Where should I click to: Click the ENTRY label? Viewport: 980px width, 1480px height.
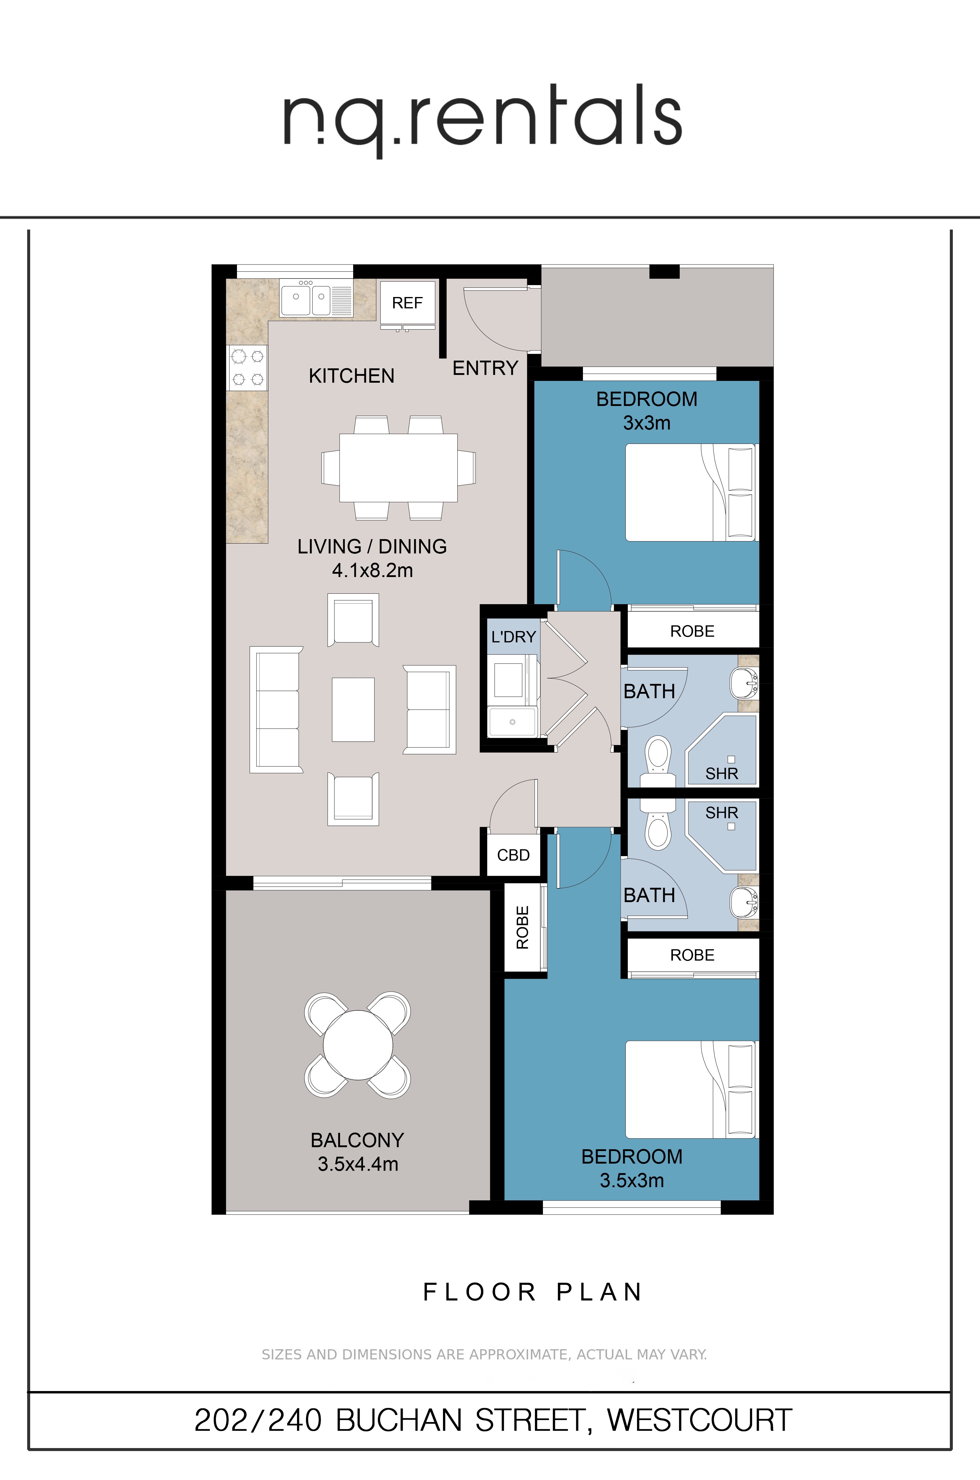(485, 368)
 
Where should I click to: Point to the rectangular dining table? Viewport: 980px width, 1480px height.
(398, 467)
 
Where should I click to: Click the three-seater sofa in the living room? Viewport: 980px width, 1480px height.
(276, 709)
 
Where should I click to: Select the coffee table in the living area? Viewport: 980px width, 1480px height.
(353, 709)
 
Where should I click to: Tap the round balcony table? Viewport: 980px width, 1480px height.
(358, 1045)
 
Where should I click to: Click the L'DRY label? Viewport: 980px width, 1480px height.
(513, 637)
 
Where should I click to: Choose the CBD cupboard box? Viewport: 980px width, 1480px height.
(513, 855)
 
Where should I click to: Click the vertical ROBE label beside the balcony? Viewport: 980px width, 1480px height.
(522, 927)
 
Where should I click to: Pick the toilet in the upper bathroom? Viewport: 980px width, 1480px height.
(658, 759)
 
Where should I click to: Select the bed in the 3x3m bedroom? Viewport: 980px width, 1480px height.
(691, 493)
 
